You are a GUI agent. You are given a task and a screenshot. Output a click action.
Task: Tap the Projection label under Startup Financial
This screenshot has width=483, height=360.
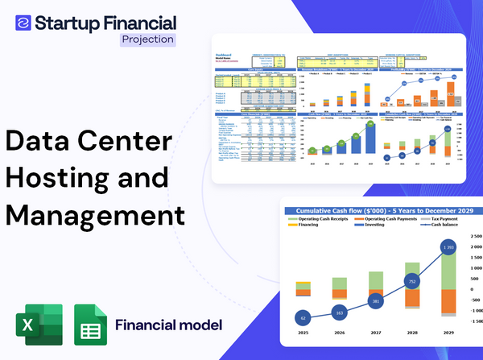[x=147, y=39]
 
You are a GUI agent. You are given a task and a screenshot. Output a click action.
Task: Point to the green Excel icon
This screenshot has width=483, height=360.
[x=39, y=325]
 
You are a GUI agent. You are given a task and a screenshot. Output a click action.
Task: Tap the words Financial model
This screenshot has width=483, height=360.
[x=168, y=325]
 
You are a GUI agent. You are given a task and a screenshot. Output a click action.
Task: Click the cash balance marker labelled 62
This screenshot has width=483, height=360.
[x=303, y=317]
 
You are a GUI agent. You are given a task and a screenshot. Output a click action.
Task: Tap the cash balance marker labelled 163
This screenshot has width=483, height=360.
[x=339, y=312]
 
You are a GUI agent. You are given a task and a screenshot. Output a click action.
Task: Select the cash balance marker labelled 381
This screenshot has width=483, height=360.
[x=375, y=301]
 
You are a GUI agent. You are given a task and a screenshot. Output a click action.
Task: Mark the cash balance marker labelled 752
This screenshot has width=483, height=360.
[x=411, y=282]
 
